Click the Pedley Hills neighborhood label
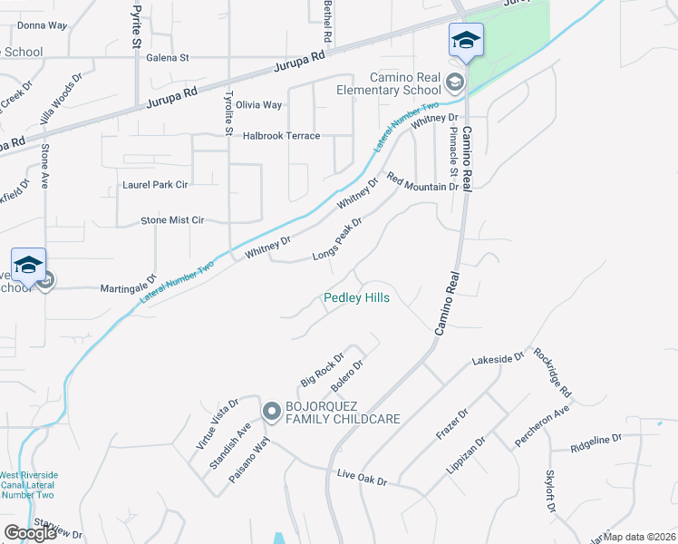(x=356, y=297)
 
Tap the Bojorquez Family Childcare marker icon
(x=271, y=412)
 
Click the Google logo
(x=30, y=533)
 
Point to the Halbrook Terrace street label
(x=282, y=136)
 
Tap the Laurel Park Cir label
(x=155, y=184)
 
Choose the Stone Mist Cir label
(x=172, y=220)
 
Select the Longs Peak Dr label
(x=337, y=238)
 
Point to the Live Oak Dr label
(x=361, y=477)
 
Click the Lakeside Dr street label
(x=498, y=360)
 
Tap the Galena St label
(x=167, y=57)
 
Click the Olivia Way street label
(x=259, y=105)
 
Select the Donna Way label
(x=43, y=25)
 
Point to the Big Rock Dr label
(x=323, y=368)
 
